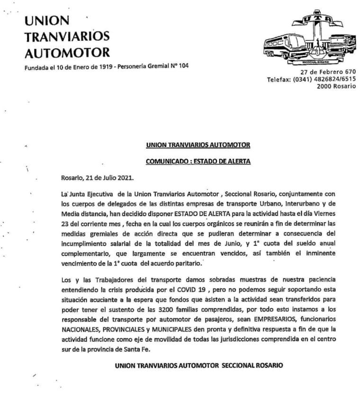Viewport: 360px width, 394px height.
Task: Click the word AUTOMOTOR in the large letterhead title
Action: point(67,52)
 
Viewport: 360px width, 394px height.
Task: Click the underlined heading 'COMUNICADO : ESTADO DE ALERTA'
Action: point(198,161)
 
